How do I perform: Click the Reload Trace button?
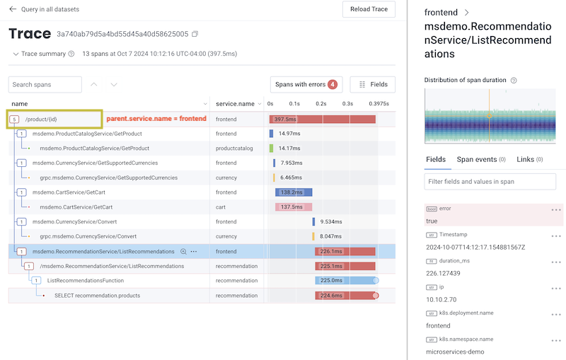coord(369,9)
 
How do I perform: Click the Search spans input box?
coord(45,85)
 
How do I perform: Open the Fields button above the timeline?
coord(373,85)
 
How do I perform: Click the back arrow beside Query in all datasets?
coord(13,9)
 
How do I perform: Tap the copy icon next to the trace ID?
coord(195,34)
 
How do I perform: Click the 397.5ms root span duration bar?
coord(322,119)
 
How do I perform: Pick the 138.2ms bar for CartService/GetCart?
coord(294,192)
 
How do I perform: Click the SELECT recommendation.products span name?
coord(97,296)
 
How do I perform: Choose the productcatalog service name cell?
coord(234,149)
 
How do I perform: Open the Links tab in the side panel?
coord(529,160)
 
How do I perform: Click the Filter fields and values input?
coord(490,182)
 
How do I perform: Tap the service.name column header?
coord(235,104)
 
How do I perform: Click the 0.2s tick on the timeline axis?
coord(321,104)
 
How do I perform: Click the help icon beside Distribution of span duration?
coord(514,81)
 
